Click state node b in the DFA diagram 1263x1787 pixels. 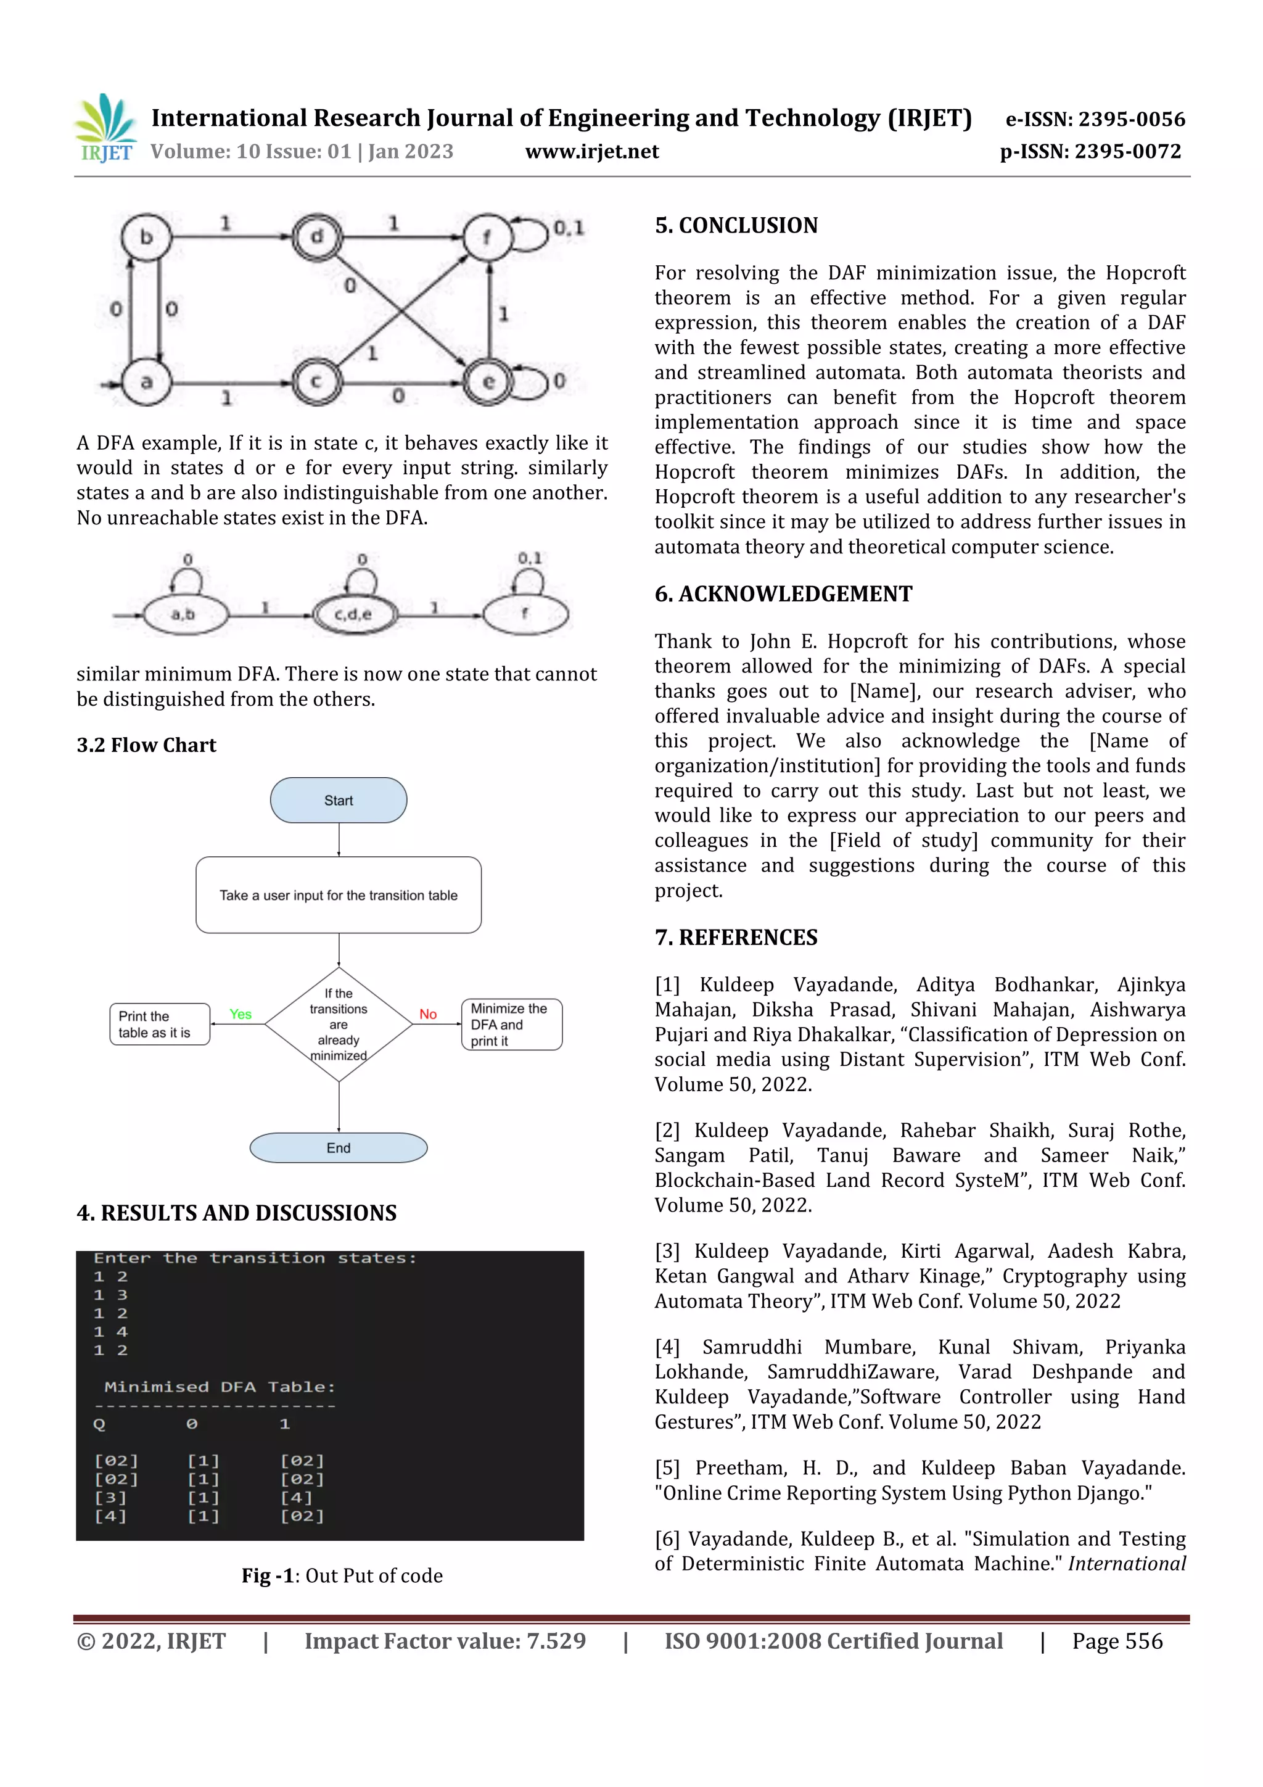(x=146, y=237)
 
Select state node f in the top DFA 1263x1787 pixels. (x=487, y=237)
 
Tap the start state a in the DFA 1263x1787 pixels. (x=146, y=381)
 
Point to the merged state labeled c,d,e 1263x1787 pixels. (x=354, y=614)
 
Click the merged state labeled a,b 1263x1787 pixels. (x=184, y=614)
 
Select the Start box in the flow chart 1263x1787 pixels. (x=339, y=800)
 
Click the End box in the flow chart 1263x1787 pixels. (x=339, y=1148)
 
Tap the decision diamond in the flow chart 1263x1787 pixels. (x=339, y=1024)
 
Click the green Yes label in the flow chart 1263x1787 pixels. (x=241, y=1014)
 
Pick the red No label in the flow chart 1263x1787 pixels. (x=428, y=1014)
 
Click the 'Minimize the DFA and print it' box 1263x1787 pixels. (x=511, y=1024)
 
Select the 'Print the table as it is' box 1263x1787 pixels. (x=160, y=1024)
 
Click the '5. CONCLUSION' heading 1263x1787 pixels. (x=736, y=226)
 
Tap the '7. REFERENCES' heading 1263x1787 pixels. (x=736, y=937)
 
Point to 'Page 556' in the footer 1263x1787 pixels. (x=1117, y=1641)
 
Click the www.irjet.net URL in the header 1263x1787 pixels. (x=591, y=152)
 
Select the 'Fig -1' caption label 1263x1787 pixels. (x=267, y=1576)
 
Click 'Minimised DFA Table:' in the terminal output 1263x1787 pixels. (x=220, y=1387)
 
